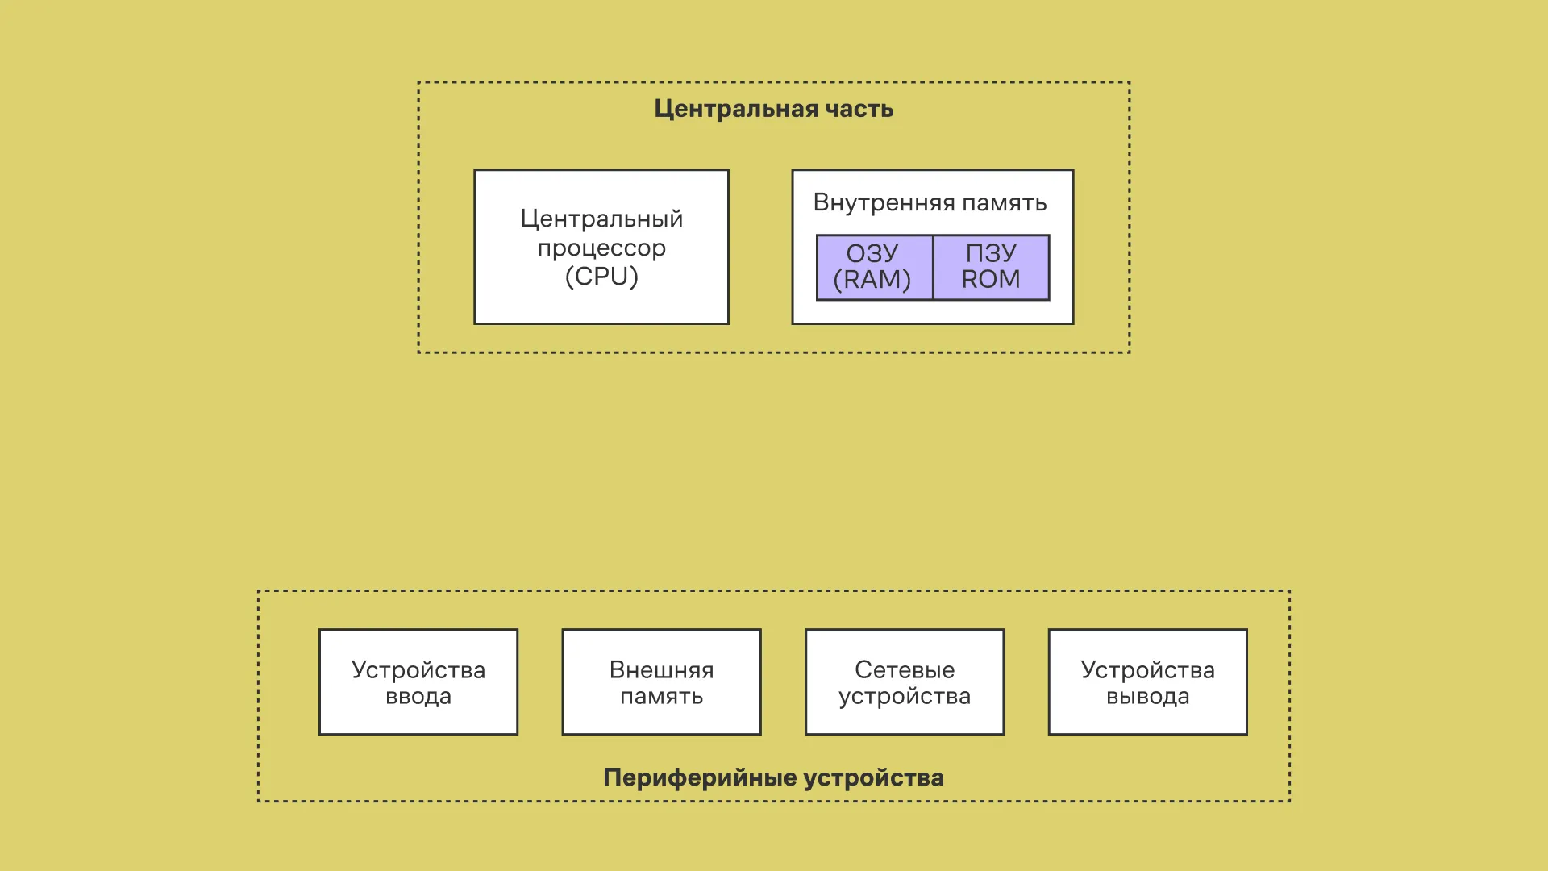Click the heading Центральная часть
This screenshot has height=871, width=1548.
(773, 109)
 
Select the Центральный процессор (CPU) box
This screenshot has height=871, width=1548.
(601, 247)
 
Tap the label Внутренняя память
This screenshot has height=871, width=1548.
(930, 202)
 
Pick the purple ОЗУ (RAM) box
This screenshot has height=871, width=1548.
(874, 267)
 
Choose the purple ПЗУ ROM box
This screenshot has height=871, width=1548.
(992, 267)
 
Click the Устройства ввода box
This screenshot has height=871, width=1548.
(418, 682)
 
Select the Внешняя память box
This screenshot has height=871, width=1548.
(661, 682)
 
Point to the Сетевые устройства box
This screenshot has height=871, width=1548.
(905, 682)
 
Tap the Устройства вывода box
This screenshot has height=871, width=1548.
(1147, 682)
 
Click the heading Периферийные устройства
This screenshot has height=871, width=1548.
(773, 777)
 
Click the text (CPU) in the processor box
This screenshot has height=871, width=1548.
(601, 277)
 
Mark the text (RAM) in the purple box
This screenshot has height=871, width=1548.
(872, 280)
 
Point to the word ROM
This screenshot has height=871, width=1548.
(991, 280)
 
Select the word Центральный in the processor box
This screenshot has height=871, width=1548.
(601, 219)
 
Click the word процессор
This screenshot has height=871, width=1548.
(601, 248)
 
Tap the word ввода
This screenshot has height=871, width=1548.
(418, 697)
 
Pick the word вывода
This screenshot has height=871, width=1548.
(1147, 697)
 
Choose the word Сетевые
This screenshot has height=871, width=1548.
(905, 670)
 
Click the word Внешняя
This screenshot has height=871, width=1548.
(661, 670)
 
